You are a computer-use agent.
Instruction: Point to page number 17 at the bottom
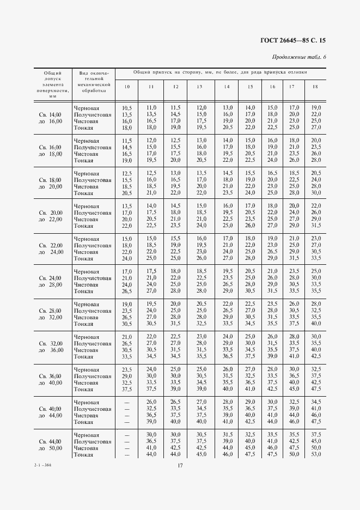(x=180, y=465)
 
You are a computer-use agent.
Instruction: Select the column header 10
(x=127, y=87)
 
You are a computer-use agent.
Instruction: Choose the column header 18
(x=315, y=87)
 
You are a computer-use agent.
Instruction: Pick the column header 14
(x=227, y=87)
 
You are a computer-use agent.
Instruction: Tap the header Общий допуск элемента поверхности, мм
(x=52, y=84)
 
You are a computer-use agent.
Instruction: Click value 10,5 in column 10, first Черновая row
(x=127, y=108)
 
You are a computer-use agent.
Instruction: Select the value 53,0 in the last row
(x=316, y=454)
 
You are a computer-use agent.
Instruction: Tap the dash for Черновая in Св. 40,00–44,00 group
(x=127, y=402)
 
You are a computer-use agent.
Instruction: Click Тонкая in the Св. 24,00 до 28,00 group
(x=84, y=291)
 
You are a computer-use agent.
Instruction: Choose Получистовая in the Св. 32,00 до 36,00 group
(x=93, y=343)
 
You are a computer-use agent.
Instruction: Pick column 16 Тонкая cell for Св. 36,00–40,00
(x=271, y=389)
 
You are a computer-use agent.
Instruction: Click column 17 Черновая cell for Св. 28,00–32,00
(x=294, y=304)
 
